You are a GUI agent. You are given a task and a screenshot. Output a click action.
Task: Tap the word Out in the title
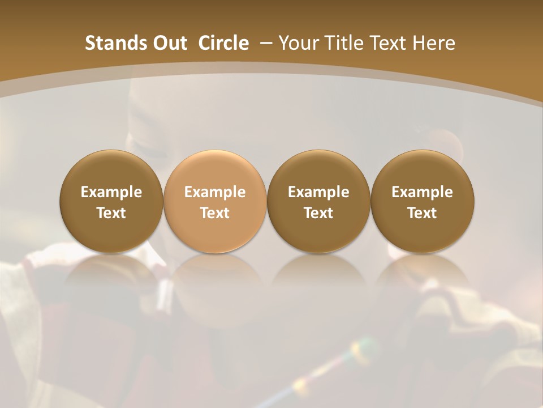coord(169,43)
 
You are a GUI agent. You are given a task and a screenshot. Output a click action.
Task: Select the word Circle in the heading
coord(223,43)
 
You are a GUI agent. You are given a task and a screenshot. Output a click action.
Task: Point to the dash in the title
coord(265,43)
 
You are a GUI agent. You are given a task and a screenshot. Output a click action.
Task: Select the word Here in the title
coord(434,43)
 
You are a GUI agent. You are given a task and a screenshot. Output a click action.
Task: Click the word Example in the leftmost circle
coord(111,192)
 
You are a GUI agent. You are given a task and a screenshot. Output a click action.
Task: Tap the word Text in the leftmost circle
coord(111,213)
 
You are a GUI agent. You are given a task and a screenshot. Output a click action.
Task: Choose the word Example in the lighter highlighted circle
coord(215,192)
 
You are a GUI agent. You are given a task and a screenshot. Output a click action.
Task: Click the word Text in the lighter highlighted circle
coord(215,213)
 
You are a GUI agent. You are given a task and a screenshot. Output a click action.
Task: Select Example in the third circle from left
coord(318,192)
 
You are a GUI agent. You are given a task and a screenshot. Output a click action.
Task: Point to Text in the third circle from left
coord(318,213)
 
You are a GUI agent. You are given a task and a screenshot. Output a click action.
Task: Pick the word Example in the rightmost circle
coord(422,192)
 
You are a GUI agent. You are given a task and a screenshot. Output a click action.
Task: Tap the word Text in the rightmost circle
coord(422,213)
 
